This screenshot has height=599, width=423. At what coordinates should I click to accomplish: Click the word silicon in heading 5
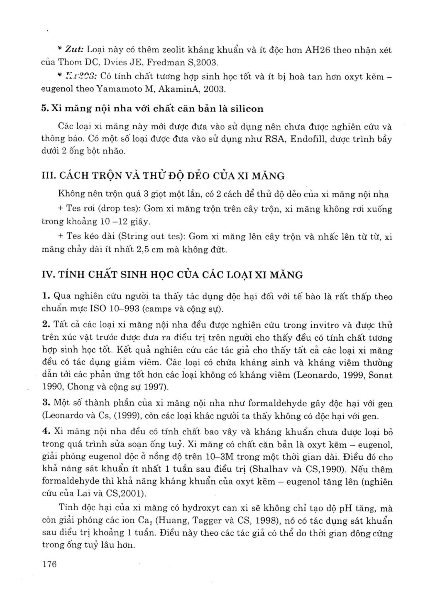247,108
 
